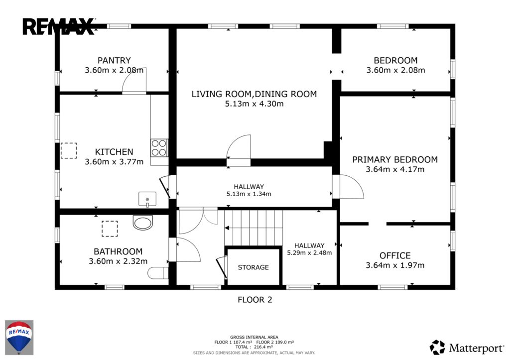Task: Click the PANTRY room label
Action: click(x=114, y=60)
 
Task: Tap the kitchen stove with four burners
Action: click(x=159, y=148)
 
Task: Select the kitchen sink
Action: click(x=147, y=199)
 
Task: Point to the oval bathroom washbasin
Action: click(x=143, y=223)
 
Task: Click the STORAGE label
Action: click(x=254, y=267)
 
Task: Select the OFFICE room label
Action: click(x=395, y=255)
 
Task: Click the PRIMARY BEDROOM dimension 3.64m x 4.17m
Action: click(x=395, y=169)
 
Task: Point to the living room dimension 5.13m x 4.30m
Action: click(x=254, y=104)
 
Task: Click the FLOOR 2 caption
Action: click(x=255, y=300)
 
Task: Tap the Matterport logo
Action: click(x=466, y=348)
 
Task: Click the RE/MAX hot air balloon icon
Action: click(x=19, y=338)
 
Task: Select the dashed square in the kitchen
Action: click(x=69, y=150)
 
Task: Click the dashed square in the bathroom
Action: click(x=110, y=229)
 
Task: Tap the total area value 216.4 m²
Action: click(x=263, y=347)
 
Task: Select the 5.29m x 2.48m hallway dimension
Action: click(x=309, y=252)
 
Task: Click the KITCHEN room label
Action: click(x=114, y=152)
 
